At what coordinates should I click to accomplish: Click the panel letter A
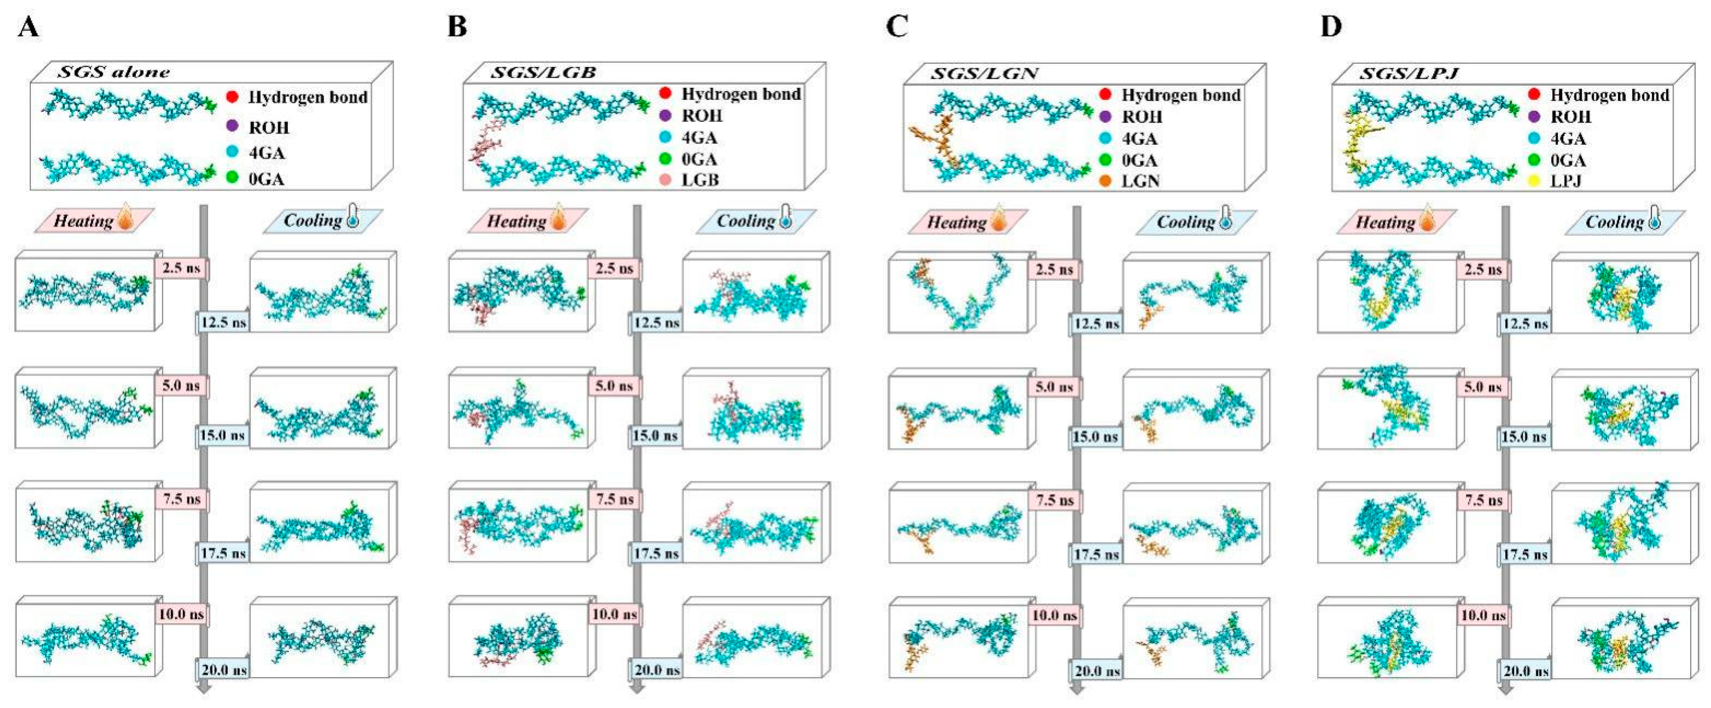point(28,28)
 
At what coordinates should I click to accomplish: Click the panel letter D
point(1330,28)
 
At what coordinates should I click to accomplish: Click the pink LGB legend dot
point(666,179)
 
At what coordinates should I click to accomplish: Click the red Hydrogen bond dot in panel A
point(233,97)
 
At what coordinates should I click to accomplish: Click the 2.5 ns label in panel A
point(181,268)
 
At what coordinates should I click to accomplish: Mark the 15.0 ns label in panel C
point(1095,436)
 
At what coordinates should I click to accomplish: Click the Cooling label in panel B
point(746,221)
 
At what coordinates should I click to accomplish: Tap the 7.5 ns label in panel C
point(1055,500)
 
